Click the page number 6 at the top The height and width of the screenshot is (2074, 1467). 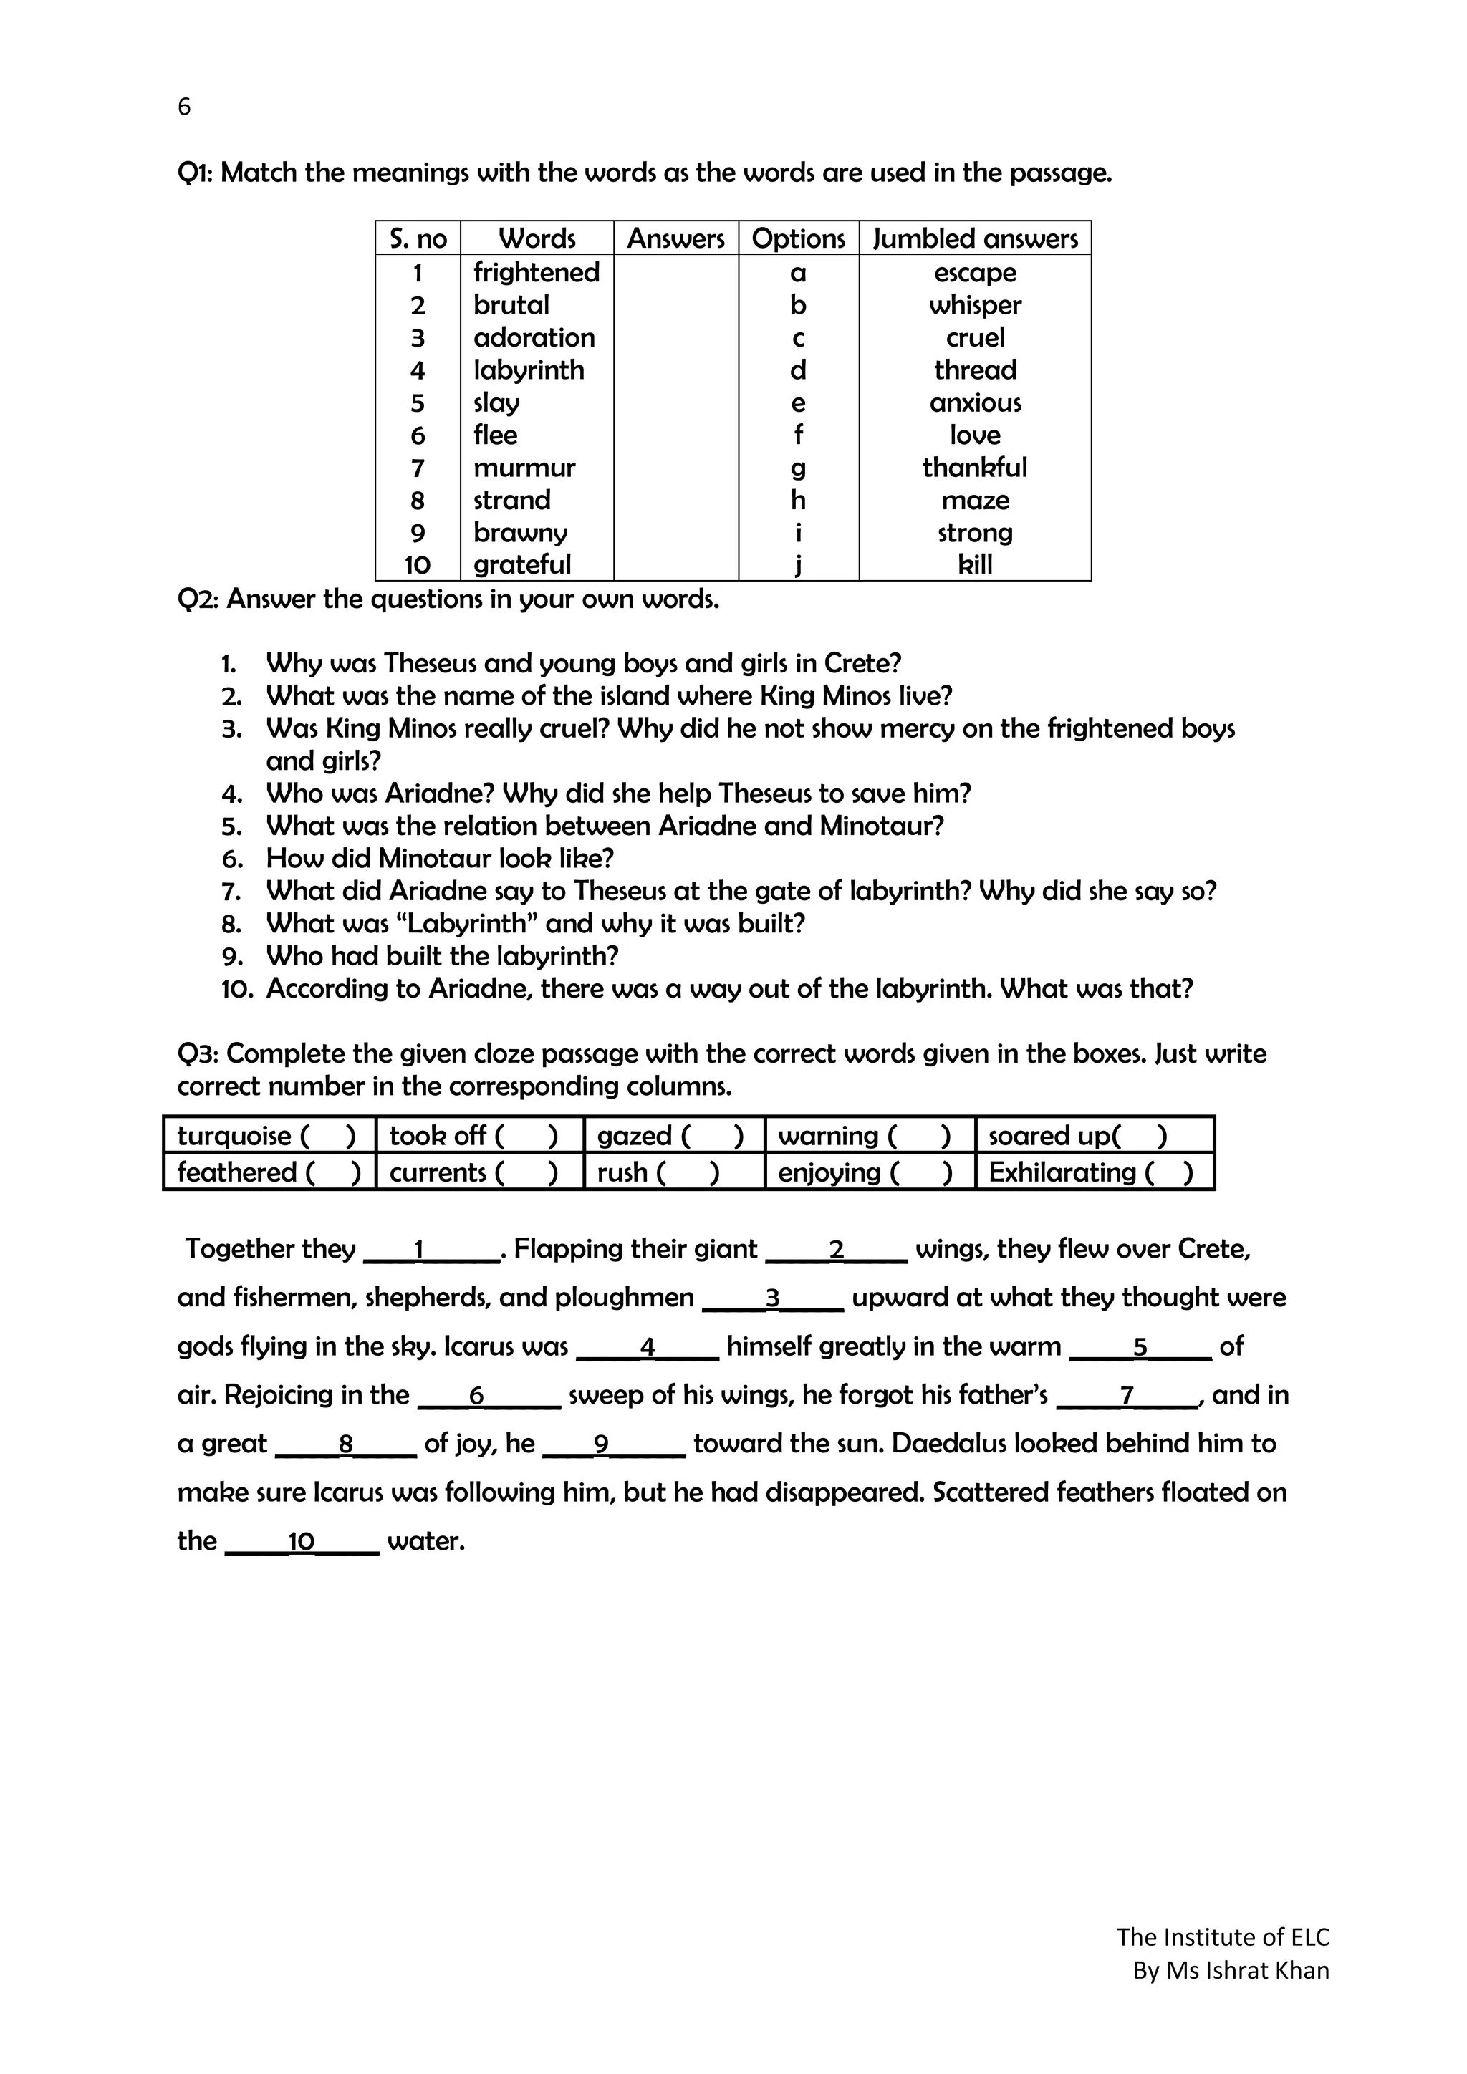[184, 107]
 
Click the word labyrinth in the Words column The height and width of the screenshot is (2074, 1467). [529, 370]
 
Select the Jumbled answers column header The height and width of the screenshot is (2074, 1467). [975, 238]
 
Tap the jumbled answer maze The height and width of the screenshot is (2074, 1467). [975, 501]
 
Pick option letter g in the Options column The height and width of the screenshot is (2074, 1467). [798, 468]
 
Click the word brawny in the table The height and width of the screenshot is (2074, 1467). [520, 533]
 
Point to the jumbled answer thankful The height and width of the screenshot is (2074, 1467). [975, 468]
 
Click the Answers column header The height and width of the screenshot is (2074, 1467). [675, 238]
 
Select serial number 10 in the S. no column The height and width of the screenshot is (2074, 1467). [418, 566]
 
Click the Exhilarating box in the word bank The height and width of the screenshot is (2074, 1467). [1092, 1172]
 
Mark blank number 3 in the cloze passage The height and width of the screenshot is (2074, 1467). [772, 1299]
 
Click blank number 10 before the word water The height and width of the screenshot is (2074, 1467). [301, 1542]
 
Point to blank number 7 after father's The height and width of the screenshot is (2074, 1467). [1127, 1397]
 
